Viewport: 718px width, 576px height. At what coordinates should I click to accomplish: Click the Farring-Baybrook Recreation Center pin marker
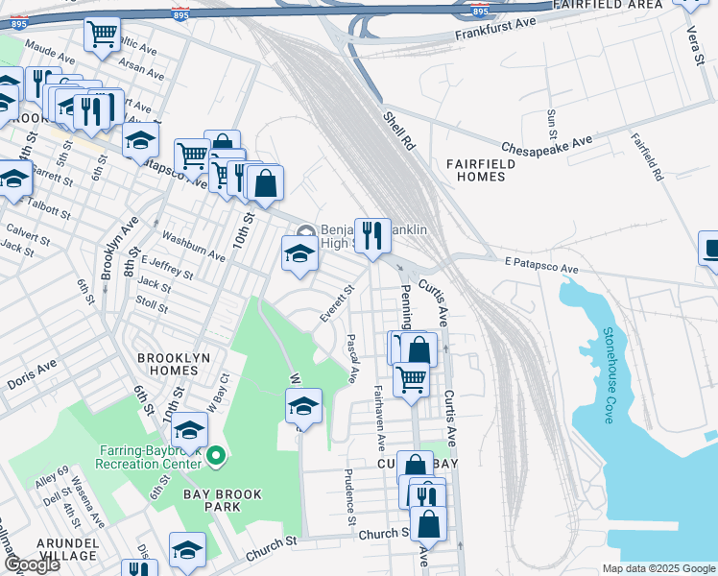click(216, 456)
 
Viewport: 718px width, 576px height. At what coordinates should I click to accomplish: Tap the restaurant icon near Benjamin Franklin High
click(371, 235)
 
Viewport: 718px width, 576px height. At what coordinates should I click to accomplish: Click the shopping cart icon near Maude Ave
click(101, 35)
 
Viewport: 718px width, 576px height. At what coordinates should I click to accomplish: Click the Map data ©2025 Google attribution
click(658, 568)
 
